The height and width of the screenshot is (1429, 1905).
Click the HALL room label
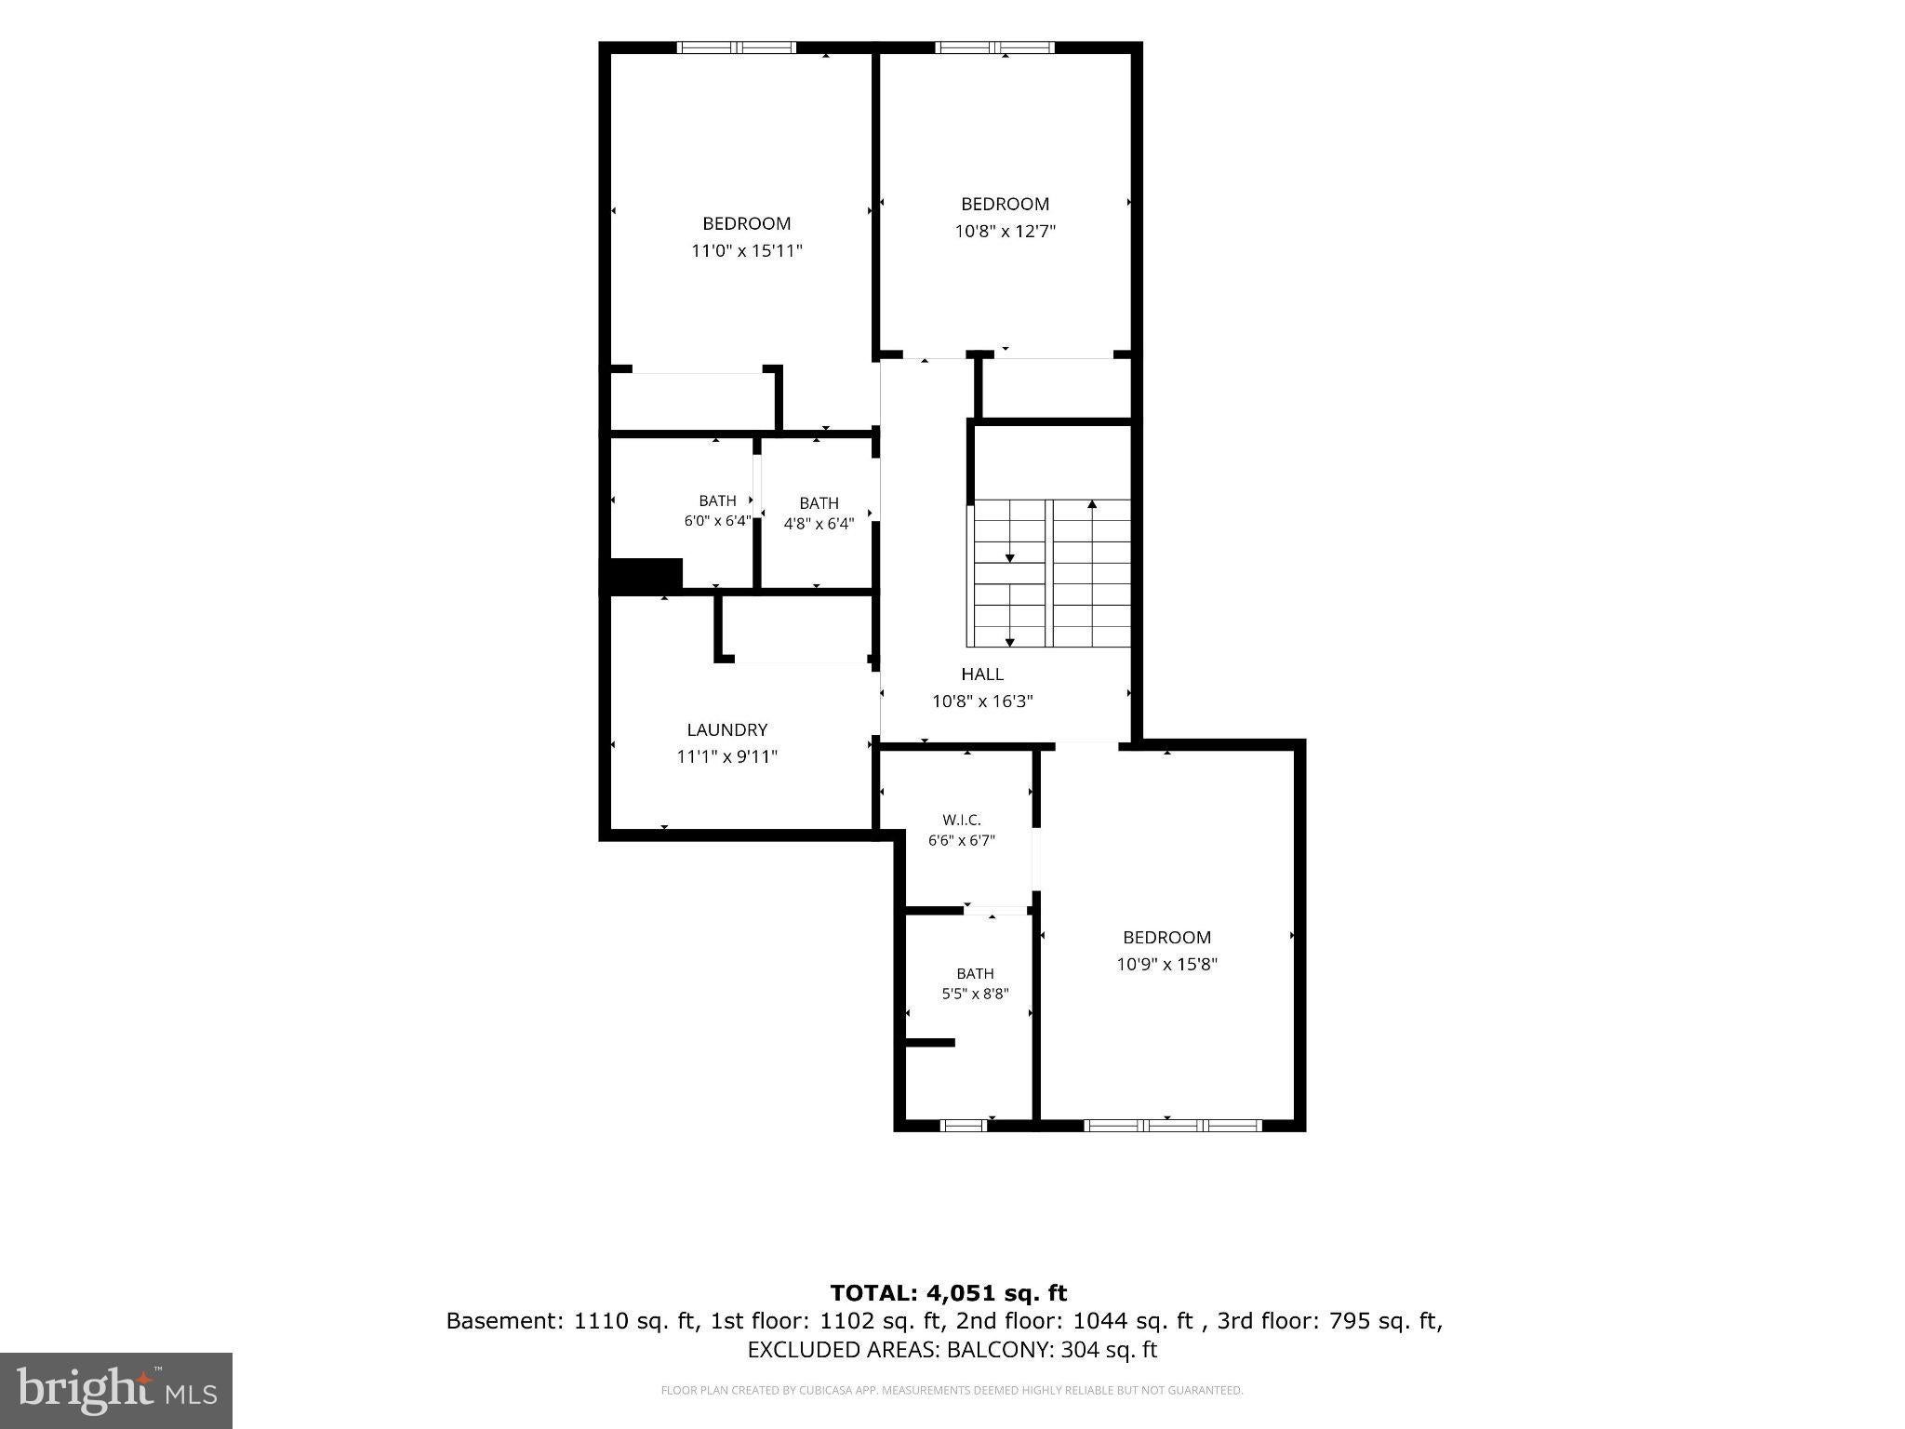pos(982,674)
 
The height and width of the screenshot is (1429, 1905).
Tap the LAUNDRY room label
pos(727,730)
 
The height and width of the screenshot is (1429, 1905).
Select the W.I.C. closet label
pos(962,820)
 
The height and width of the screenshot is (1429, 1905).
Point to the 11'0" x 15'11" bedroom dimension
pos(747,250)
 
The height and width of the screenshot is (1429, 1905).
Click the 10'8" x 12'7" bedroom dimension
pos(1006,231)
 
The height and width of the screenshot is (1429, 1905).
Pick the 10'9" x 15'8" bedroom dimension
pos(1167,964)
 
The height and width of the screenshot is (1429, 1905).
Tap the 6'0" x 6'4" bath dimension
pos(717,521)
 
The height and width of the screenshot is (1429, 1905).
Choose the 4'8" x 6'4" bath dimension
pos(819,524)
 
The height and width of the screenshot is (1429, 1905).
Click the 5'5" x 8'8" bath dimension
pos(975,994)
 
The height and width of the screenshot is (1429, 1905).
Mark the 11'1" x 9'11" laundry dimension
pos(727,757)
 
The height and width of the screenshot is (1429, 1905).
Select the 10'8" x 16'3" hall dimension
pos(983,701)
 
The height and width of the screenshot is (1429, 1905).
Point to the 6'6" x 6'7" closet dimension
pos(962,840)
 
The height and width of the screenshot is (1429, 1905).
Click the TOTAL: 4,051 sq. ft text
pos(949,1292)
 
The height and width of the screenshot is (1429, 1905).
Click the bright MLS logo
pos(116,1391)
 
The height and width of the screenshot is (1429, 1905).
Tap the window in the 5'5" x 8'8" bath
pos(964,1126)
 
